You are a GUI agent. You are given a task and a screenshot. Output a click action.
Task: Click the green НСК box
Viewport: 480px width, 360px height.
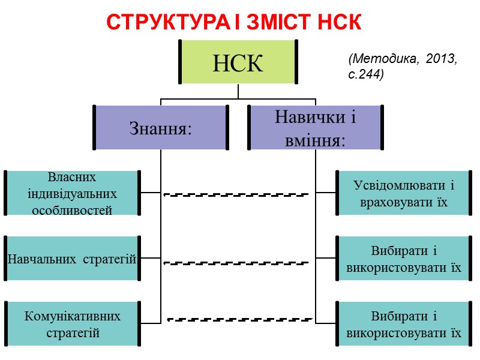tap(238, 62)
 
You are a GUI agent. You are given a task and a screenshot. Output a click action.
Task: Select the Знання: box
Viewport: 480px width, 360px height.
tap(161, 128)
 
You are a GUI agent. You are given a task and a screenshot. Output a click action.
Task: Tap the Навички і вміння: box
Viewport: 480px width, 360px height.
tap(316, 128)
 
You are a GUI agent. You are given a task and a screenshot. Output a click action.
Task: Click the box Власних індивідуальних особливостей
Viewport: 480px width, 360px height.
tap(72, 193)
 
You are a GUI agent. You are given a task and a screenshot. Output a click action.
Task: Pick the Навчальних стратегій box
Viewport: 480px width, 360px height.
tap(72, 259)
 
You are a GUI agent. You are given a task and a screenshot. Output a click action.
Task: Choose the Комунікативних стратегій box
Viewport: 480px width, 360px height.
tap(72, 324)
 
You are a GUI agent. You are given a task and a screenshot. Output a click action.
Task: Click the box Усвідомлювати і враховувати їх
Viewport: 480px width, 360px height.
tap(404, 193)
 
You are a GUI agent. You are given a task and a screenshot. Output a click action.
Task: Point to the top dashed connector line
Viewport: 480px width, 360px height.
tap(236, 194)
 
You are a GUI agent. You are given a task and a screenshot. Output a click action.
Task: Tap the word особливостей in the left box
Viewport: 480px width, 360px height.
tap(72, 211)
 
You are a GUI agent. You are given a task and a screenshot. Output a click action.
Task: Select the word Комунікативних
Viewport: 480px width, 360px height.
tap(73, 316)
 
